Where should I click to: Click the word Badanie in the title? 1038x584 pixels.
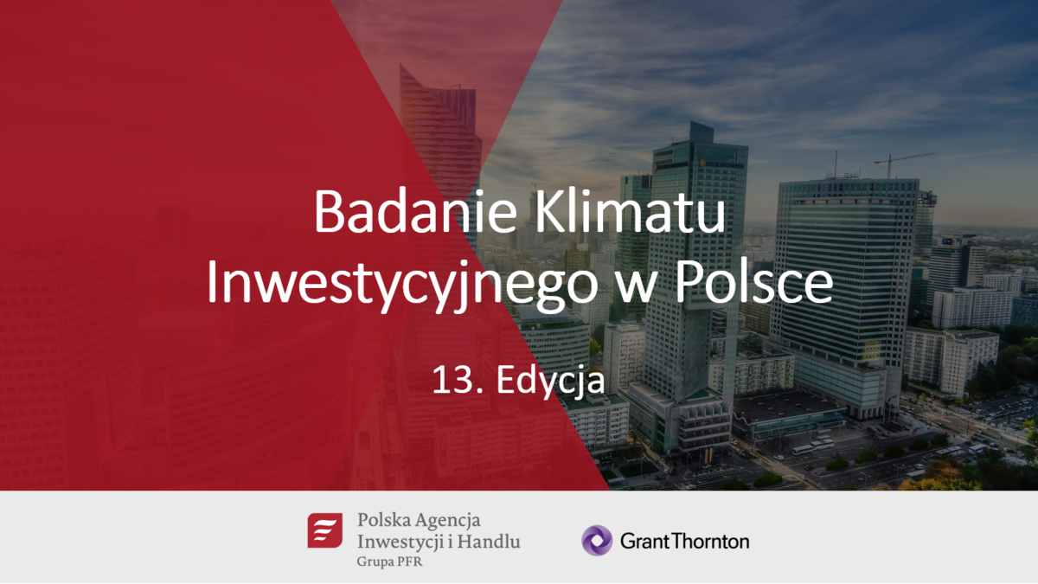tap(415, 211)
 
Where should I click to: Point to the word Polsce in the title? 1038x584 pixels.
tap(754, 282)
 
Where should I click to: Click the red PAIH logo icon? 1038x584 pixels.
tap(325, 530)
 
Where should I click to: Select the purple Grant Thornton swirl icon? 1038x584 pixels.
tap(597, 541)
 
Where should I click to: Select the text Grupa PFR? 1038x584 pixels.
tap(390, 562)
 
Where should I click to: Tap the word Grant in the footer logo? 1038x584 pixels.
tap(645, 541)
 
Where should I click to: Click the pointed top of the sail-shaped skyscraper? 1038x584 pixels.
tap(401, 66)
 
